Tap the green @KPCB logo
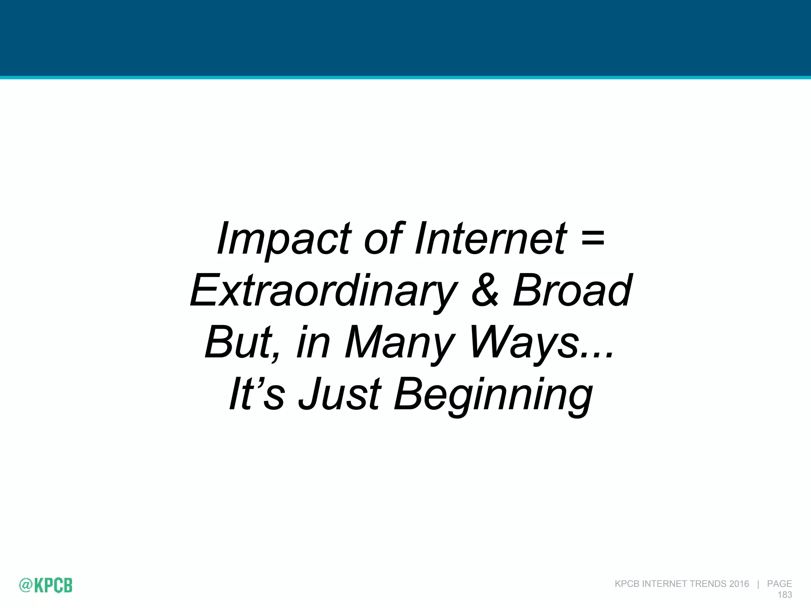coord(46,585)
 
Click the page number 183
coord(784,595)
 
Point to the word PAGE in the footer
coord(779,584)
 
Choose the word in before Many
coord(313,343)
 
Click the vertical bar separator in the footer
coord(758,584)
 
